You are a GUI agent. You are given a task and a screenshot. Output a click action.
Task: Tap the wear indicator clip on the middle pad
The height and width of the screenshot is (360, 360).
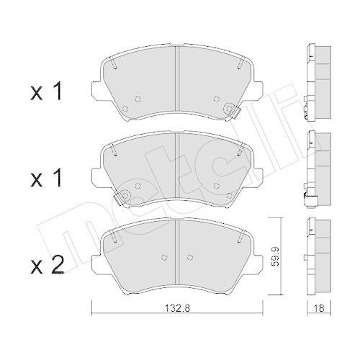pyautogui.click(x=123, y=195)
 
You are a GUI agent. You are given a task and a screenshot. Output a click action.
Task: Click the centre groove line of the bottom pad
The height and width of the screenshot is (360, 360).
pyautogui.click(x=177, y=248)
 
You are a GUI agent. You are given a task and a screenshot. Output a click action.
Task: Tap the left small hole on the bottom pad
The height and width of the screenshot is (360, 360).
pyautogui.click(x=164, y=256)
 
